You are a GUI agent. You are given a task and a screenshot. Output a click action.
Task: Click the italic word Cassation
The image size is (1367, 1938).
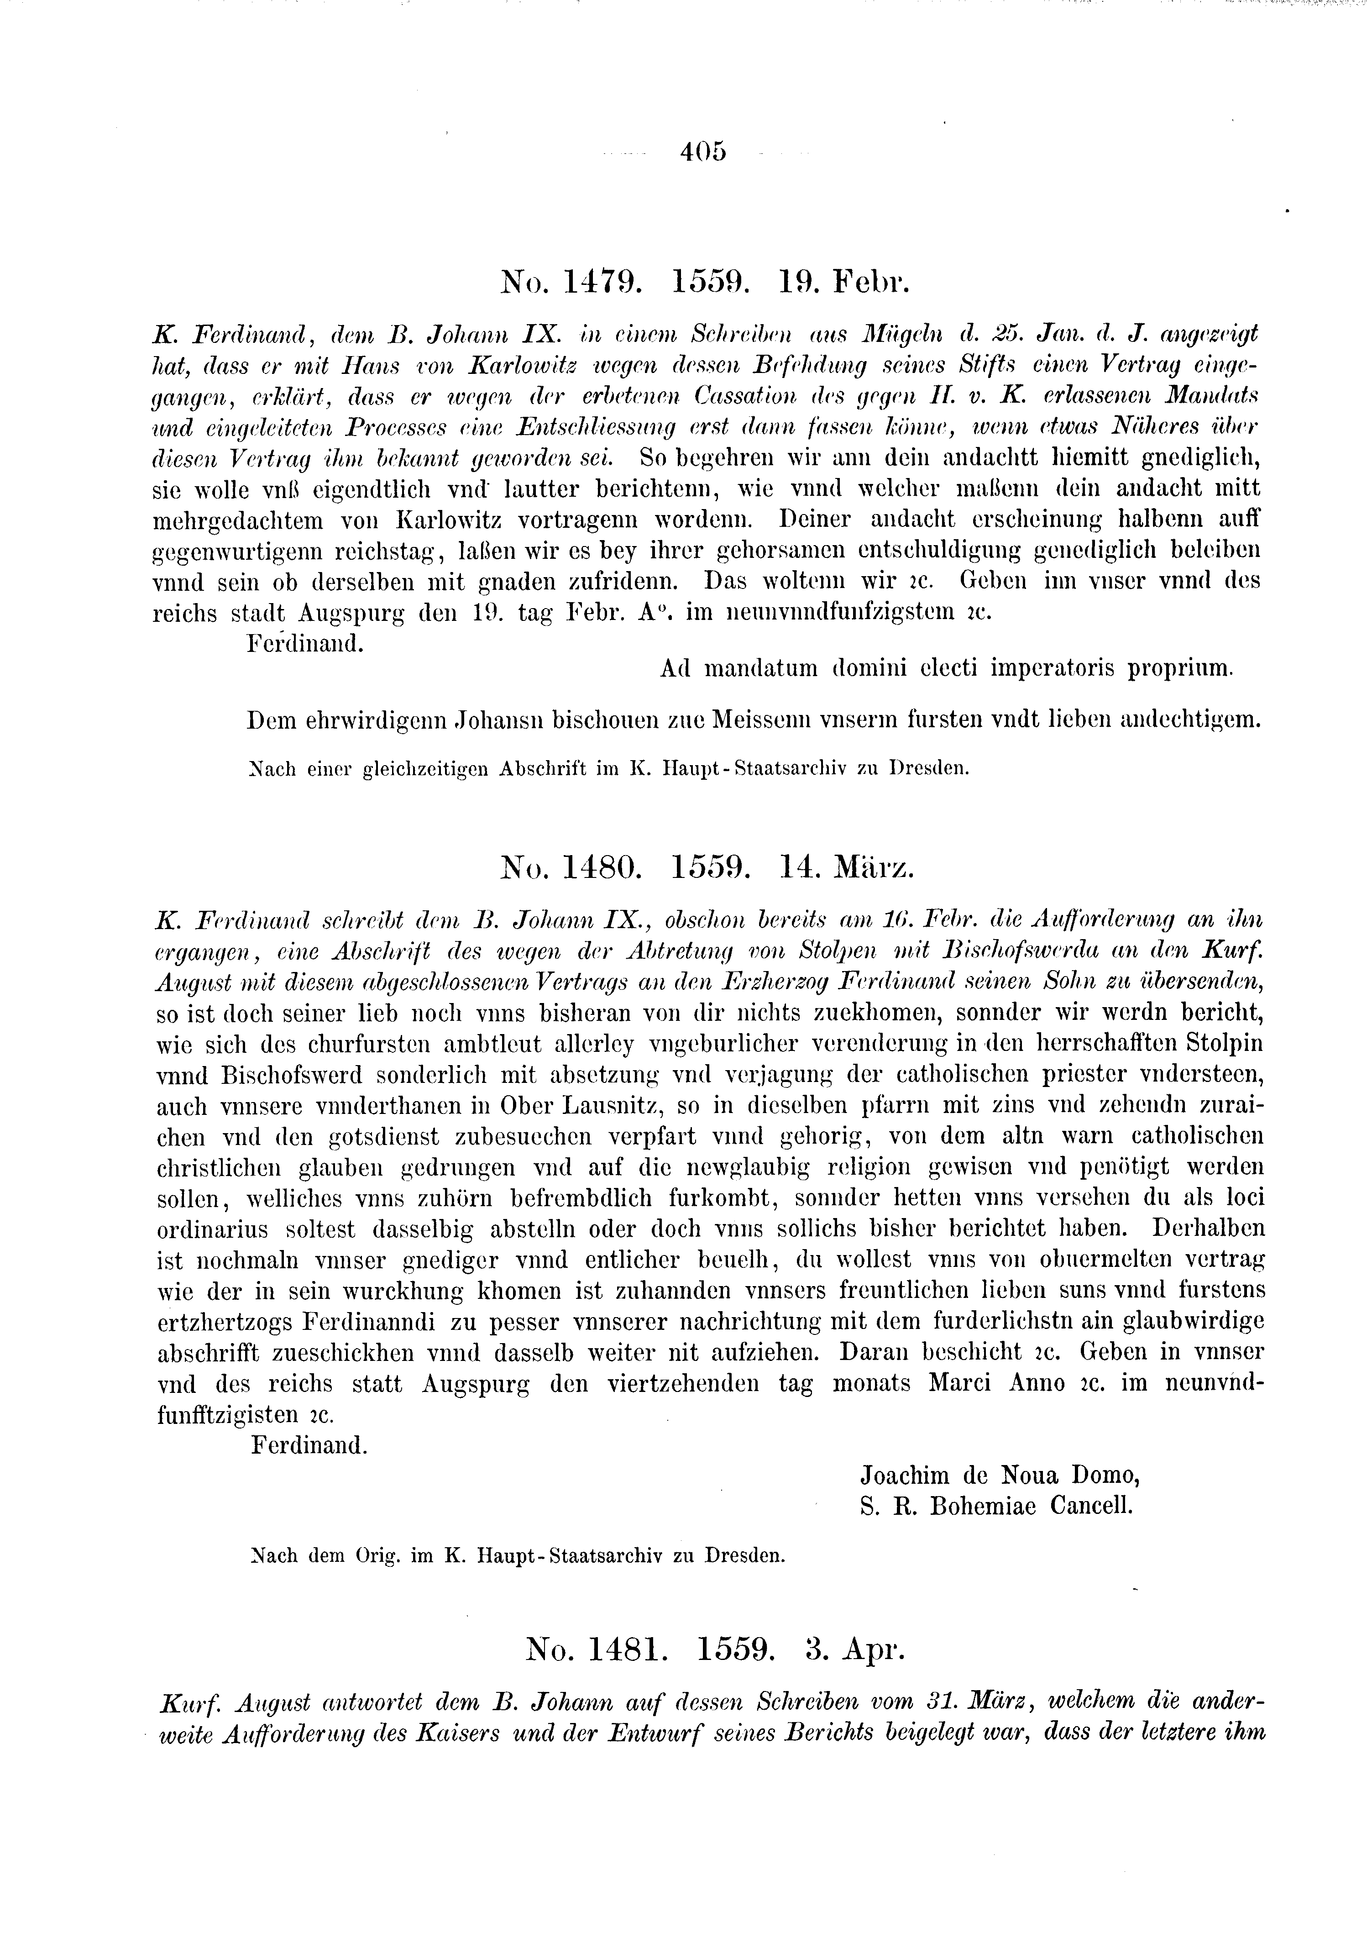coord(747,395)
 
